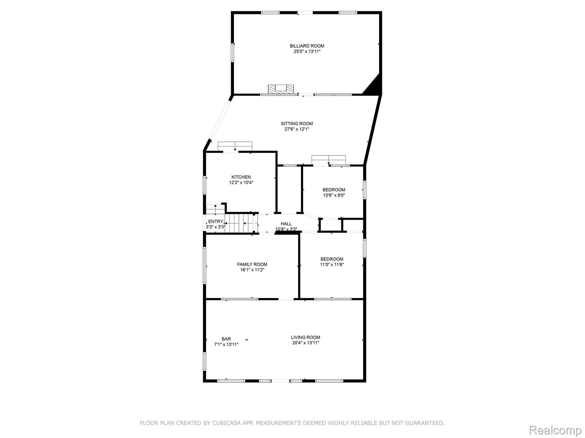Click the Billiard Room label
307,46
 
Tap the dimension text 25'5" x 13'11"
307,52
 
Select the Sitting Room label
297,123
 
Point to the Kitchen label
241,177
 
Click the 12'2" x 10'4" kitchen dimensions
241,182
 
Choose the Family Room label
252,264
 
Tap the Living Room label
306,337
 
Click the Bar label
226,339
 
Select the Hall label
286,224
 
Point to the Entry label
216,222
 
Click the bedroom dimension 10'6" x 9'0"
334,195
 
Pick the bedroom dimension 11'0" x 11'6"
332,265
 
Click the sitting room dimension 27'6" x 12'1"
297,129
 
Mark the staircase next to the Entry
241,223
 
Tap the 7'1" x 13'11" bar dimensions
226,344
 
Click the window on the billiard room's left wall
233,53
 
